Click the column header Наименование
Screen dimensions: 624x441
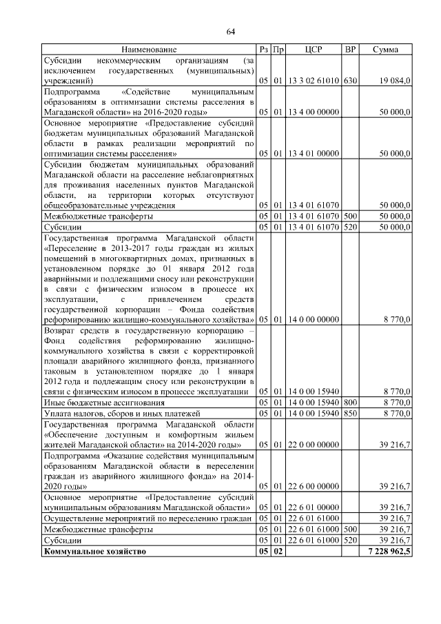click(x=149, y=50)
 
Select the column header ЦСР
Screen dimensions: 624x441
click(x=314, y=50)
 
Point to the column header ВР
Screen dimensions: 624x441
click(x=350, y=50)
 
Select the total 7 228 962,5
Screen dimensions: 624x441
click(x=386, y=552)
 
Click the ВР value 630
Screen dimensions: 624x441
click(x=350, y=81)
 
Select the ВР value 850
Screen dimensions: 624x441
click(x=350, y=414)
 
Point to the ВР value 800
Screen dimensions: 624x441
click(x=350, y=403)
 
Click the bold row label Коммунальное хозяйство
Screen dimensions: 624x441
click(x=95, y=552)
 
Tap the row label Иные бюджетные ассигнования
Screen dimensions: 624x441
click(x=104, y=403)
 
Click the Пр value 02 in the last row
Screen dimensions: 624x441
click(x=278, y=552)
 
